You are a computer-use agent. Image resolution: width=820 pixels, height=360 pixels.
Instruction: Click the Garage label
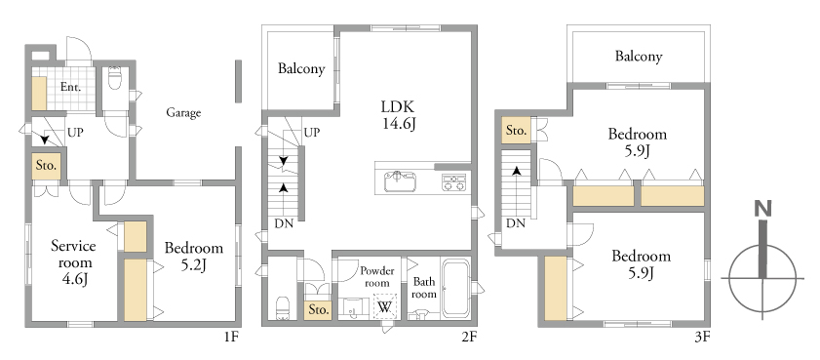pos(183,112)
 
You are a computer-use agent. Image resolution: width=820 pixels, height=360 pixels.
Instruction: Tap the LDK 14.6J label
pos(398,116)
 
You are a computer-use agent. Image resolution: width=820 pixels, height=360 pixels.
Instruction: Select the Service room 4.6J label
pos(73,262)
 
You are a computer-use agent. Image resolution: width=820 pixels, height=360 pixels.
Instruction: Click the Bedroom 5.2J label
pos(193,257)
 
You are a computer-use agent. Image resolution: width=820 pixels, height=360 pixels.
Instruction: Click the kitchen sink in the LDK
pos(401,181)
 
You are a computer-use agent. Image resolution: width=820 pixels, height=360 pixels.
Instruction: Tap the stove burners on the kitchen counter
pos(453,182)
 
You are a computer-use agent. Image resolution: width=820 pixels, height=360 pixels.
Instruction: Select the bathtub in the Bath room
pos(455,289)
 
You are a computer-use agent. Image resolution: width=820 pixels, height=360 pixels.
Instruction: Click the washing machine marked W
pos(385,306)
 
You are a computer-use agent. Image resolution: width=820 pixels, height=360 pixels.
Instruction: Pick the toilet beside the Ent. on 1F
pos(114,77)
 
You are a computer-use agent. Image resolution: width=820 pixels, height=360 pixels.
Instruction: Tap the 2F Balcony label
pos(301,68)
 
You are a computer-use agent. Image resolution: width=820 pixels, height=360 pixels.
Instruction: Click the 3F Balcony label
pos(639,56)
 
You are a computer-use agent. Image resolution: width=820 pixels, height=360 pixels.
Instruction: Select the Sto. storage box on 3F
pos(516,131)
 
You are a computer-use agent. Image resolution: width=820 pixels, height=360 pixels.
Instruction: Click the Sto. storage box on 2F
pos(319,308)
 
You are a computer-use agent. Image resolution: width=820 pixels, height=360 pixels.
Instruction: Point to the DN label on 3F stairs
pos(516,223)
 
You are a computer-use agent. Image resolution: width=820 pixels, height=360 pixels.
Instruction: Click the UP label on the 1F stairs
pos(75,133)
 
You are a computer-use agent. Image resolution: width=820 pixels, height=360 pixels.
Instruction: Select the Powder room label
pos(377,277)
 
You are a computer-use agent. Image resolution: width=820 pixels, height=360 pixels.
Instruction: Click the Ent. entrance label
pos(70,87)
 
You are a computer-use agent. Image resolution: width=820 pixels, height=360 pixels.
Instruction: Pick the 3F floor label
pos(702,337)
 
